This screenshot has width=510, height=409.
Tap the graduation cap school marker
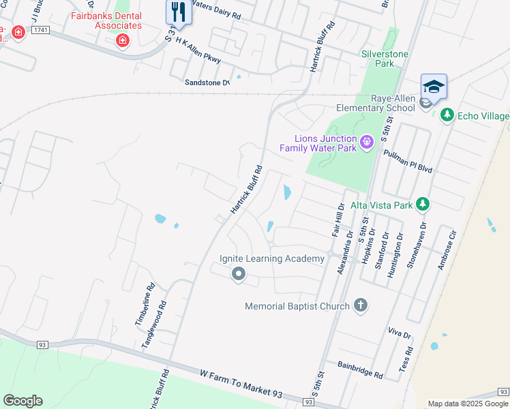[x=434, y=86]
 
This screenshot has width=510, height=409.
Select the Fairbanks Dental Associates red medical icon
[x=123, y=41]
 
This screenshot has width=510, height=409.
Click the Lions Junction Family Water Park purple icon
[x=367, y=142]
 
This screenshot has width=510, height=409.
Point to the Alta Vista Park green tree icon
[x=423, y=204]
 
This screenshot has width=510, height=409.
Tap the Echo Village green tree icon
[x=447, y=115]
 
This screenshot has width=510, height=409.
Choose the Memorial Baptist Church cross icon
[x=361, y=306]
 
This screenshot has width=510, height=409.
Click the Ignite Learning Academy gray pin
[x=238, y=274]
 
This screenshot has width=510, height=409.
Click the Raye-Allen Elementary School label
[x=376, y=103]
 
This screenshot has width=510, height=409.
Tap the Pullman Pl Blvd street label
[x=408, y=160]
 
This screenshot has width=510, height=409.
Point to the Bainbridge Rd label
[x=360, y=370]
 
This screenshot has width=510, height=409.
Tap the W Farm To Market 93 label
[x=241, y=384]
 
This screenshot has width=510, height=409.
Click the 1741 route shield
[x=41, y=31]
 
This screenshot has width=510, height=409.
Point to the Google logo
[x=22, y=401]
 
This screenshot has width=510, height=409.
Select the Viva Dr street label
[x=400, y=334]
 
